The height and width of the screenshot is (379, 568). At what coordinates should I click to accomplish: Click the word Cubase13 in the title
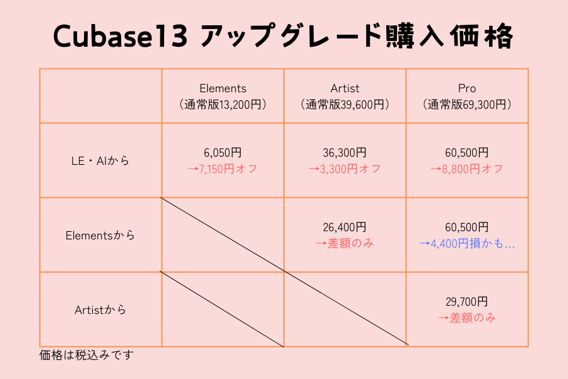tap(121, 36)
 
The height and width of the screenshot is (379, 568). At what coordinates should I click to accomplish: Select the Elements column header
tap(223, 88)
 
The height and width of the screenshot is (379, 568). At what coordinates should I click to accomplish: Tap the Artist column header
tap(345, 88)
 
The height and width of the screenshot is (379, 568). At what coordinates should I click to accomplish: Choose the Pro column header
tap(467, 88)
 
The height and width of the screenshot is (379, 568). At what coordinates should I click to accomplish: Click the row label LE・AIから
tap(100, 160)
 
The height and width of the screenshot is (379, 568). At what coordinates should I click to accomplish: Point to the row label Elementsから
tap(100, 236)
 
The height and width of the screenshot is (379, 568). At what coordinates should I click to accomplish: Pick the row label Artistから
tap(100, 310)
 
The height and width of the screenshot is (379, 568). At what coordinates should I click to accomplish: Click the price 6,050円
tap(223, 153)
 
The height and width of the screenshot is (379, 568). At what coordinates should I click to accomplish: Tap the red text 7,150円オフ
tap(228, 169)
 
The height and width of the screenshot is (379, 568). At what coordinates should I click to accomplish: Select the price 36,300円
tap(345, 153)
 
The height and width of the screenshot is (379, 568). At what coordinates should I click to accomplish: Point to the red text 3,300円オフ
tap(350, 169)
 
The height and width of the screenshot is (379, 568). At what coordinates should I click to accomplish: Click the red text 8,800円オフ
tap(472, 169)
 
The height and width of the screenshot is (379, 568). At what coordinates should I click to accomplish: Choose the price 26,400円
tap(345, 227)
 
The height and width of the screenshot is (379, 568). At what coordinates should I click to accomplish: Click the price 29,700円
tap(467, 302)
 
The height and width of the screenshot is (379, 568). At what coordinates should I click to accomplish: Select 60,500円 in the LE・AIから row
tap(467, 153)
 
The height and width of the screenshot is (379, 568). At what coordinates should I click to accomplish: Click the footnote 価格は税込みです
tap(86, 355)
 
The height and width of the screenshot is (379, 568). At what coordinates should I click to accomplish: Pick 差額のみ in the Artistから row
tap(472, 318)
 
